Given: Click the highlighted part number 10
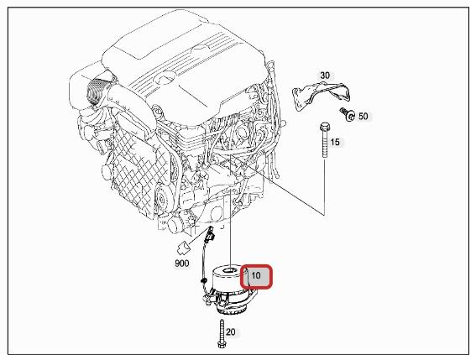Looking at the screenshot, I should coord(256,275).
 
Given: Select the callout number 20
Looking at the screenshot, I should coord(231,332).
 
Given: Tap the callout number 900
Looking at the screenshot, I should coord(181,263).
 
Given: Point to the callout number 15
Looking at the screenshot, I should coord(335,142).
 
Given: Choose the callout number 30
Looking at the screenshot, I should coord(325,76).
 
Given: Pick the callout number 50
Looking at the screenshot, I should coord(364,116).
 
